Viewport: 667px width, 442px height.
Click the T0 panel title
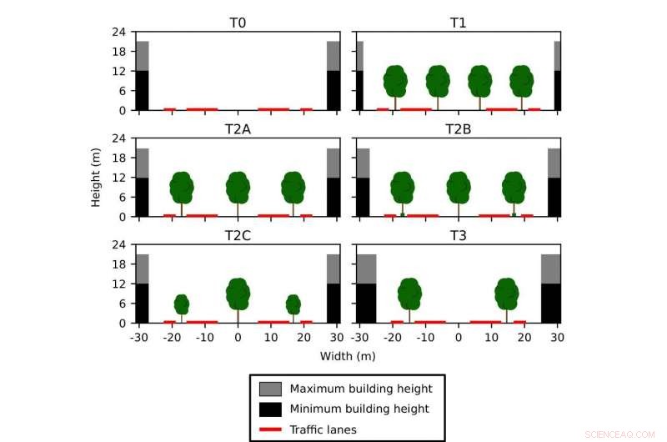[x=238, y=23]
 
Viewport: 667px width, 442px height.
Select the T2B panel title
[x=459, y=129]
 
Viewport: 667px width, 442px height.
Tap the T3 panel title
[x=459, y=236]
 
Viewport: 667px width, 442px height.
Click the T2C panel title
[x=238, y=236]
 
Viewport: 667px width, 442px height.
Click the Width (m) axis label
[x=348, y=356]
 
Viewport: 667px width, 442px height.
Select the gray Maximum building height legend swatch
[x=271, y=389]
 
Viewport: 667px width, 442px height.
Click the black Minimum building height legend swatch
[x=271, y=409]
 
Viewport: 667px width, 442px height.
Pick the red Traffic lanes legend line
[x=271, y=429]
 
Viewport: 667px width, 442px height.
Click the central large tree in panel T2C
[x=238, y=294]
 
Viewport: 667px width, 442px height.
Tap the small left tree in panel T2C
[x=182, y=304]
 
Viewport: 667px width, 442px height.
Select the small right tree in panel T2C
[x=293, y=304]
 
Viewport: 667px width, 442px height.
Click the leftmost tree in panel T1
[x=395, y=81]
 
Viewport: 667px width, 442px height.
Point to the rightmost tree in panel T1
[x=522, y=81]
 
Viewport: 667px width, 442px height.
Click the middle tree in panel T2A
[x=238, y=188]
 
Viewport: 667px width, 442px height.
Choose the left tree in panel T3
[x=409, y=294]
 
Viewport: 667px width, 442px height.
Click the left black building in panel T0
[x=142, y=90]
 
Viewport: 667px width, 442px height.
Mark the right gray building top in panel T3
[x=550, y=269]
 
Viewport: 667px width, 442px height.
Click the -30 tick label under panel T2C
[x=138, y=338]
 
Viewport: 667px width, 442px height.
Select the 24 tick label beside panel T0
[x=119, y=32]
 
